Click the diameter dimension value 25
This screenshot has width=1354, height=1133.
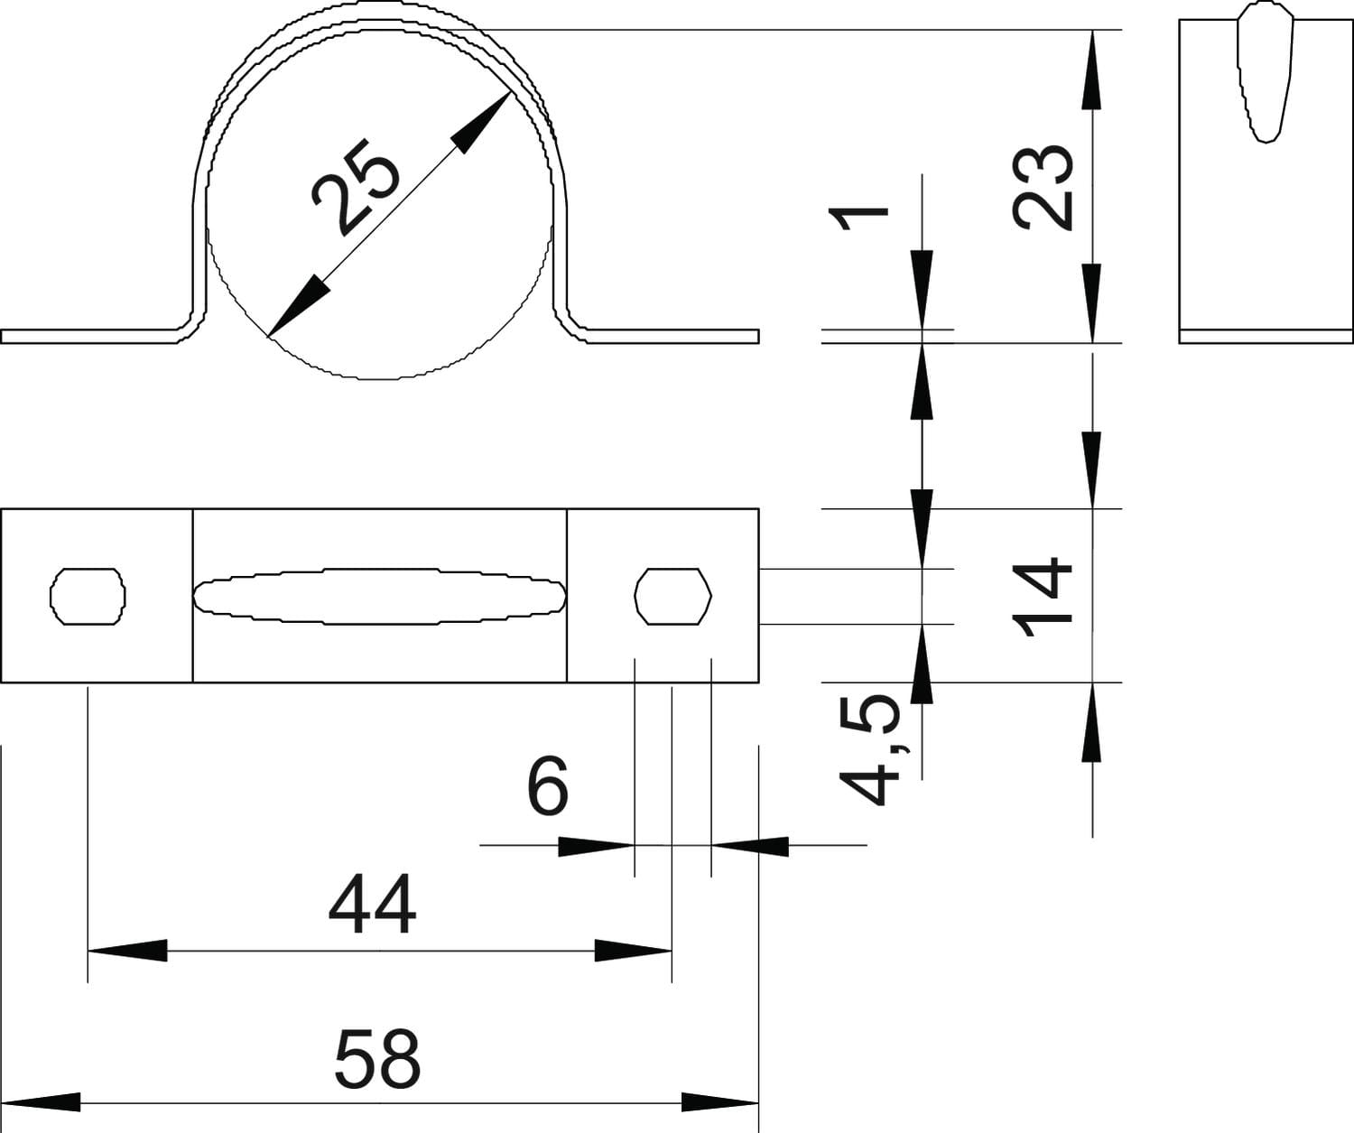[355, 187]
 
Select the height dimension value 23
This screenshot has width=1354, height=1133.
[1043, 185]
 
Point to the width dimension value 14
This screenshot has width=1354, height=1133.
[1043, 597]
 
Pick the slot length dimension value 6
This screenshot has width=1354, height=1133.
[547, 785]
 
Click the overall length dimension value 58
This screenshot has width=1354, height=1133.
[377, 1058]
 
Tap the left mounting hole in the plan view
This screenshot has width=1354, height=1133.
[88, 596]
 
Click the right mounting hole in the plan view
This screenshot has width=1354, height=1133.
[673, 596]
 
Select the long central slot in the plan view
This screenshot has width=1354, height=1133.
[380, 596]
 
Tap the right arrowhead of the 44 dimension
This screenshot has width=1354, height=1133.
[634, 950]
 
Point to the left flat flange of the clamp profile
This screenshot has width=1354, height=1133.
[90, 336]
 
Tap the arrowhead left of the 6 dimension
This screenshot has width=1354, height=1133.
[596, 846]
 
